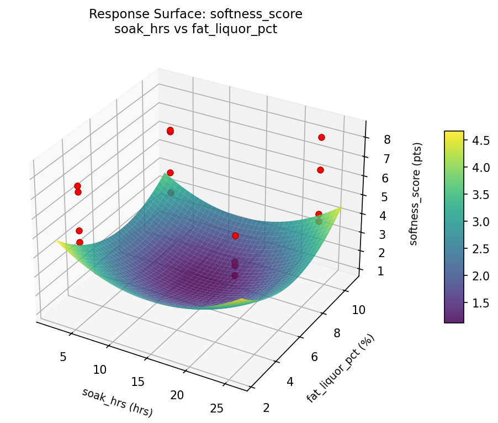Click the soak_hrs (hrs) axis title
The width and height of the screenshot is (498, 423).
117,402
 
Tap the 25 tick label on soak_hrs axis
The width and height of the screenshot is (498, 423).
217,408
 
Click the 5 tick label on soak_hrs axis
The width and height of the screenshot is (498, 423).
63,357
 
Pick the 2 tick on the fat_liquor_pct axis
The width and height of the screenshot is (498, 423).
267,408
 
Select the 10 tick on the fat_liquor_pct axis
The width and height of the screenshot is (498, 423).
358,310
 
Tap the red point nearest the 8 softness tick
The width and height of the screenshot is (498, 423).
321,137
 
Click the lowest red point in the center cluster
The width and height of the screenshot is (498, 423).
235,275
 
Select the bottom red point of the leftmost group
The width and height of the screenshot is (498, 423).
80,242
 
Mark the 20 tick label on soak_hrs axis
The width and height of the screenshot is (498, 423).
177,395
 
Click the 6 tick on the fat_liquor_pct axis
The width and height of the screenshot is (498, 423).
314,357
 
